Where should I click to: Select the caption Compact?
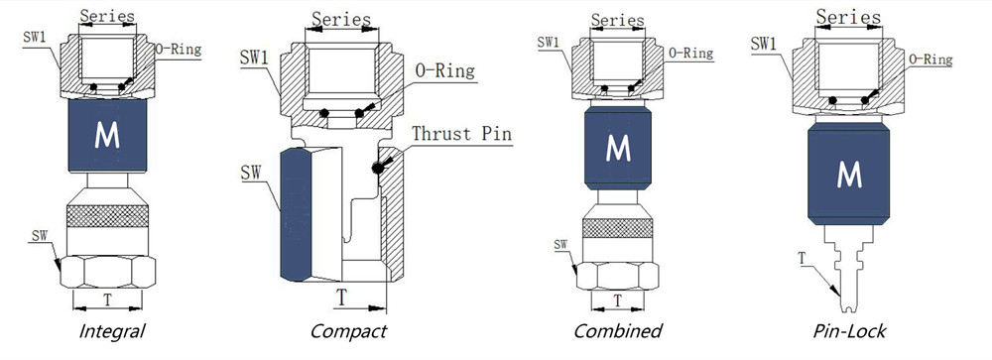tap(347, 331)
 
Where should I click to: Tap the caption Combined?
tap(617, 330)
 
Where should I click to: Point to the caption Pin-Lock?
tap(849, 330)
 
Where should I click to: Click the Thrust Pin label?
tap(462, 133)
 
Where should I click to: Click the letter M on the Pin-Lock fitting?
tap(848, 175)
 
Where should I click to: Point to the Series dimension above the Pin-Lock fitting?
tap(849, 16)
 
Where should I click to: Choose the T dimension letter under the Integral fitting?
tap(108, 300)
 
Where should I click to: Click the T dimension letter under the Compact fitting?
tap(340, 297)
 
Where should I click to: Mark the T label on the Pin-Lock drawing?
tap(802, 260)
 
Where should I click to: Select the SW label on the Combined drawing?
tap(561, 244)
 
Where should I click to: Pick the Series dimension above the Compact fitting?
tap(341, 20)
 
